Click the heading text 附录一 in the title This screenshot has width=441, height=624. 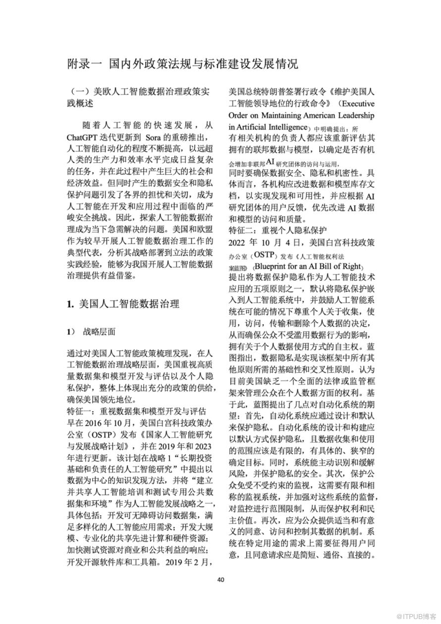coord(84,64)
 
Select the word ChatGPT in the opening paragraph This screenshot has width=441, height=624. coord(85,137)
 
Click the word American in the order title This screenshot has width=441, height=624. coord(315,116)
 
